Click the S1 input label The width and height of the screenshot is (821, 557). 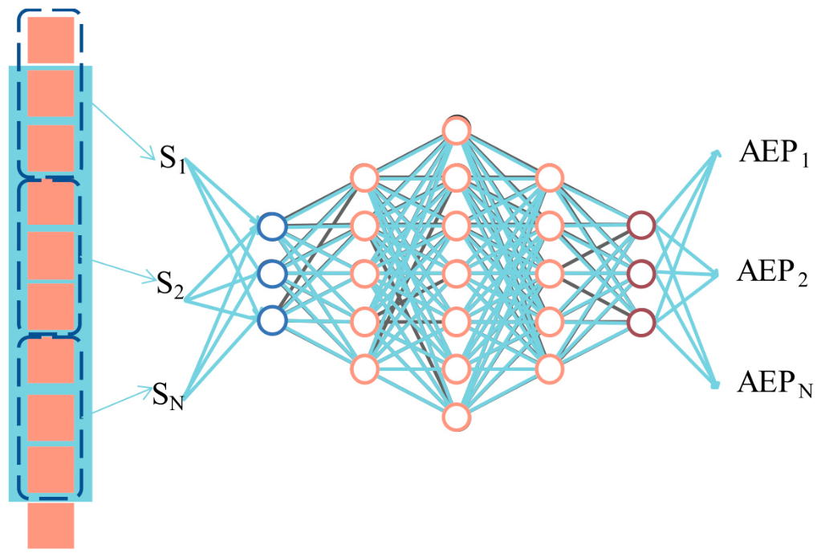coord(173,159)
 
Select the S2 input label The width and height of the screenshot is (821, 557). coord(171,285)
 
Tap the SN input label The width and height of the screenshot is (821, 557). coord(168,396)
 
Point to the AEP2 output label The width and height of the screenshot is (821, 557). coord(772,272)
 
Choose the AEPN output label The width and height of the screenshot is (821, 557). coord(774,383)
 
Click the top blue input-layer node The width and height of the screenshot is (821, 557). coord(272,226)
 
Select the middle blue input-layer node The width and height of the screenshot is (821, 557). coord(272,273)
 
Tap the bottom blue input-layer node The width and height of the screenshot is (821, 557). coord(272,319)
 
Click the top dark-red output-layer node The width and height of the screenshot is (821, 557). coord(641,226)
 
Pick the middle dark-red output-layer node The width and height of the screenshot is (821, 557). coord(641,273)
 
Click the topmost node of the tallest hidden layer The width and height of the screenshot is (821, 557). coord(457,130)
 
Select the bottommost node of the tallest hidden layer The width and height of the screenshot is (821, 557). coord(457,417)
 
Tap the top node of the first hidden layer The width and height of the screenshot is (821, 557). coord(364,178)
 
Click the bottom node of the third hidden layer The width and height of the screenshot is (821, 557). coord(549,368)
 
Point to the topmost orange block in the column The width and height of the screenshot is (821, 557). coord(51,40)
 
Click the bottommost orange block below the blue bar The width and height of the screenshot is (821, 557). coord(51,525)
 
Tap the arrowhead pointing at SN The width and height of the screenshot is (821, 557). coord(146,389)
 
